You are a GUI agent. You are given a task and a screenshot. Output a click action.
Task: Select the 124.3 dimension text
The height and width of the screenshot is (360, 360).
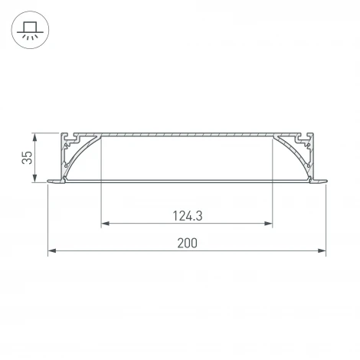187,216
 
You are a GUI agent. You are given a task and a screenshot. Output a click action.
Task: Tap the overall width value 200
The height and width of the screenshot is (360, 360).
187,243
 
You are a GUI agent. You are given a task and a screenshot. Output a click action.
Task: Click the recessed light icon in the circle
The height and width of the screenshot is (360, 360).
31,32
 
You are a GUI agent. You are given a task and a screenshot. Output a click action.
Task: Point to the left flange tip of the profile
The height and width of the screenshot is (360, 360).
52,182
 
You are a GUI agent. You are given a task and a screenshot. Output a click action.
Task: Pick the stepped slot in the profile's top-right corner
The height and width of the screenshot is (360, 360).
301,140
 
